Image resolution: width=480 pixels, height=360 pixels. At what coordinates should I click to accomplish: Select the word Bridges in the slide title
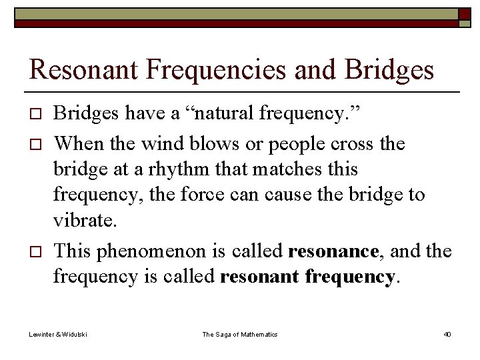point(388,70)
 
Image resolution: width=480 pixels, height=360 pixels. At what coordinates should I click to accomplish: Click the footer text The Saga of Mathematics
point(240,334)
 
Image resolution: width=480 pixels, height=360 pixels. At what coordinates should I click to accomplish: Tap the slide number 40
point(447,334)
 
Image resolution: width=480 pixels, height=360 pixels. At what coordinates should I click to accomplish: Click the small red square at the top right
point(464,14)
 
